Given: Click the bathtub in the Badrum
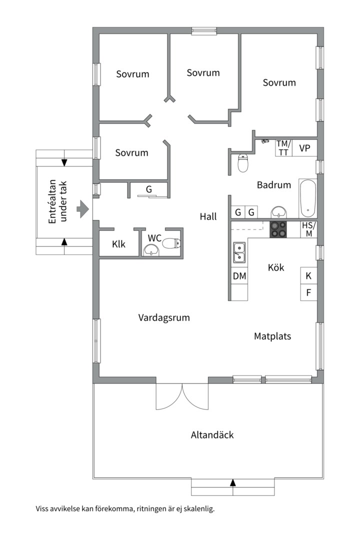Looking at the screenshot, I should pyautogui.click(x=307, y=198).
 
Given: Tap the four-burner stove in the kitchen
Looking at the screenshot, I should pyautogui.click(x=278, y=228).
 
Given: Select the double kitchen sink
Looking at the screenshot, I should pyautogui.click(x=239, y=252).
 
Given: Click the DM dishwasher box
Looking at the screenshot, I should pyautogui.click(x=239, y=275).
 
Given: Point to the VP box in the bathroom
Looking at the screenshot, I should pyautogui.click(x=304, y=148).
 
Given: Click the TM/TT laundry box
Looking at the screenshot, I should pyautogui.click(x=283, y=148).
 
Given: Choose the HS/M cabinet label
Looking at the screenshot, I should pyautogui.click(x=308, y=229).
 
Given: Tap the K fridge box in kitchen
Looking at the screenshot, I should pyautogui.click(x=308, y=275).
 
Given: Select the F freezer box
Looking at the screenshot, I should pyautogui.click(x=308, y=292).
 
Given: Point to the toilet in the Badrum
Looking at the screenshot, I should pyautogui.click(x=243, y=162).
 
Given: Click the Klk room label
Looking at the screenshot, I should pyautogui.click(x=118, y=244).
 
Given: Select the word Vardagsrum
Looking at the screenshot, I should pyautogui.click(x=164, y=317).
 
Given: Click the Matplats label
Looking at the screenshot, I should pyautogui.click(x=272, y=336).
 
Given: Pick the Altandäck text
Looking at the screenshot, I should pyautogui.click(x=212, y=434).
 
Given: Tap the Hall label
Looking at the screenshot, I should pyautogui.click(x=208, y=216).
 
